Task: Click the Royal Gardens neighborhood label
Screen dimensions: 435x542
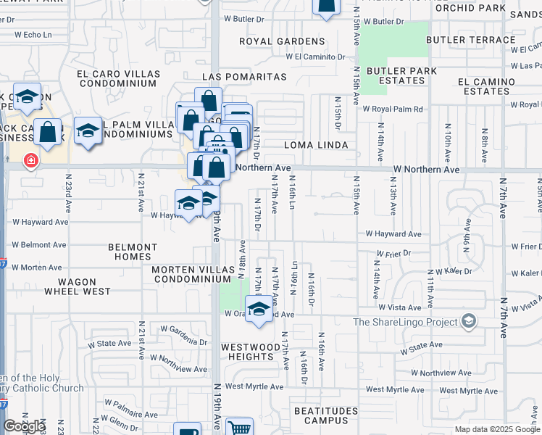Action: click(x=282, y=41)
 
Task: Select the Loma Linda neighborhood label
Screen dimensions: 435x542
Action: click(x=316, y=145)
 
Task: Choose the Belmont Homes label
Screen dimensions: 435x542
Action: click(x=133, y=252)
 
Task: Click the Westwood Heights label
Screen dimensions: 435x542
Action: click(x=250, y=352)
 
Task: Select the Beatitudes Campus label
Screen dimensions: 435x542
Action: click(x=326, y=415)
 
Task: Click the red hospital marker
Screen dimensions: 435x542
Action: click(x=30, y=159)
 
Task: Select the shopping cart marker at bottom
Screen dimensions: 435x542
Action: click(x=238, y=428)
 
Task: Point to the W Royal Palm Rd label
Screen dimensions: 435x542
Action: click(x=392, y=109)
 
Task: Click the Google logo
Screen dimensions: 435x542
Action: click(x=24, y=426)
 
